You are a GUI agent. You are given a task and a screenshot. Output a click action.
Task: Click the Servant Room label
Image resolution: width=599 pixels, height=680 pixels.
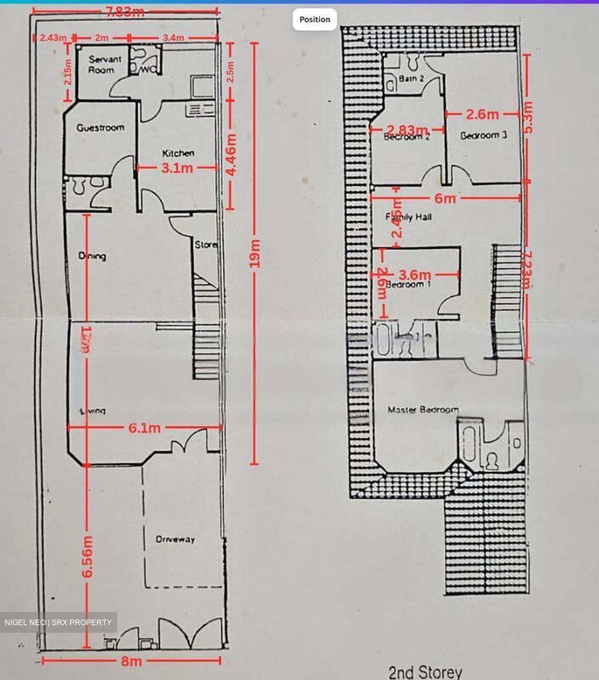point(105,65)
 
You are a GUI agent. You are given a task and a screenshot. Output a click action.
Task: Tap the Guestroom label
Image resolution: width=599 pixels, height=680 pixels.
point(100,127)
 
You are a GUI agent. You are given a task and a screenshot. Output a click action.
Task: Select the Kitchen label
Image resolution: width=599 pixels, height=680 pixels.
point(178,153)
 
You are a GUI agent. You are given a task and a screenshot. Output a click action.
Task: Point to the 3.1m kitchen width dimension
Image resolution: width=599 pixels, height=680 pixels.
point(177,168)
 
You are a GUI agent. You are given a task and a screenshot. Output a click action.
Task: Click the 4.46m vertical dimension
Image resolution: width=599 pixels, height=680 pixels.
point(231,155)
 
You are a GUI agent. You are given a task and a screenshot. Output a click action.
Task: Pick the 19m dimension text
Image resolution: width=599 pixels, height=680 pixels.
point(254,254)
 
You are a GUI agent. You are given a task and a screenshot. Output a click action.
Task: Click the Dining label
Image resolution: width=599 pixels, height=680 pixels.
point(92,256)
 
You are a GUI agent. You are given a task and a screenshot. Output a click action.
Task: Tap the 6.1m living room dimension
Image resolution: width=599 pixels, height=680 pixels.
point(145,428)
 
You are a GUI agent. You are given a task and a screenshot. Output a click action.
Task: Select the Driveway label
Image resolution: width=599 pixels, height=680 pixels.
point(175,539)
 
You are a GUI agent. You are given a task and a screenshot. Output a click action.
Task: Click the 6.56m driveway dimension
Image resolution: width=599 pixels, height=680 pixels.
point(87,556)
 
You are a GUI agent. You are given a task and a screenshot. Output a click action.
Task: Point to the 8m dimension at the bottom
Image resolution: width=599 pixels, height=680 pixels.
point(131,661)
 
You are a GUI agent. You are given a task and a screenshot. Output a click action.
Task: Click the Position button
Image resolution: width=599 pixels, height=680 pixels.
point(315,19)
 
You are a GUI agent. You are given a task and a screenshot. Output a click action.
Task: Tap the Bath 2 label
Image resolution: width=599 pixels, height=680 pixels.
point(411,78)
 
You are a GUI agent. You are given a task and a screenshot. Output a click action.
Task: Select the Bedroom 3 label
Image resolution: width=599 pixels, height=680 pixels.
point(483,136)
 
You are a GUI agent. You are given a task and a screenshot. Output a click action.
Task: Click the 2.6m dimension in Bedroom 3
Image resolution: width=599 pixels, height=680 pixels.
point(482,114)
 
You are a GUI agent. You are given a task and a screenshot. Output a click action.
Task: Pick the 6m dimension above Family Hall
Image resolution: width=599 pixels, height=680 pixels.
point(444,198)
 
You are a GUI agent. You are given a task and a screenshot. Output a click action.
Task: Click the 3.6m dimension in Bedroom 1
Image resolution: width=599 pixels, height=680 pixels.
point(415,274)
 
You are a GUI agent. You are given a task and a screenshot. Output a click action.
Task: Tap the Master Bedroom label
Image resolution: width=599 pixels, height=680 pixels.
point(423,410)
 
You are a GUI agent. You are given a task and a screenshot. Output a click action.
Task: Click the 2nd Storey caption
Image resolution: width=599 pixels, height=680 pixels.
point(425,671)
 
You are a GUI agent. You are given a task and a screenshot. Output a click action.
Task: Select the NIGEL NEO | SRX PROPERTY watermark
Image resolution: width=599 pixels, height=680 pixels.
point(58,622)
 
